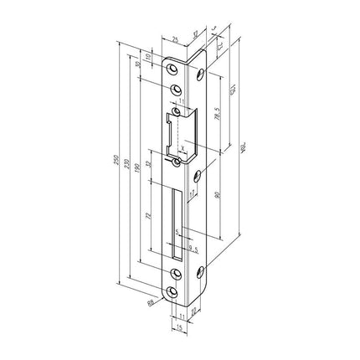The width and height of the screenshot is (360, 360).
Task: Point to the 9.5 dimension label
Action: [x=192, y=248]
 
